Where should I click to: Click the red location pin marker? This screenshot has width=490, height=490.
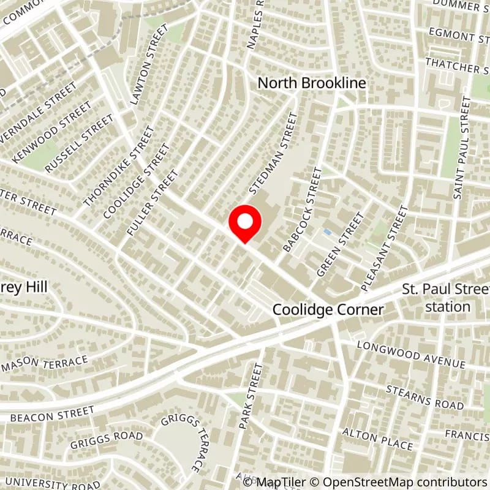coord(245,225)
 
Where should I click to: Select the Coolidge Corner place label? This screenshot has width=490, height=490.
coord(328,310)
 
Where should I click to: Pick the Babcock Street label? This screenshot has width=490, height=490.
coord(302,210)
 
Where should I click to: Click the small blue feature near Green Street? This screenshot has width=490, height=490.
coord(327,232)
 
